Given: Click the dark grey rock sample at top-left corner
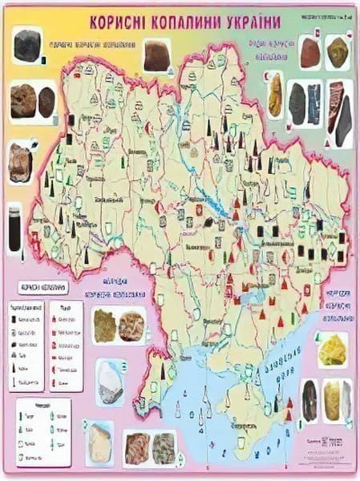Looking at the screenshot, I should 27,46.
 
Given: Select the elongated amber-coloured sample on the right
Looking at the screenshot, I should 275,96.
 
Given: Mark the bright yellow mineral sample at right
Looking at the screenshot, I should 332,350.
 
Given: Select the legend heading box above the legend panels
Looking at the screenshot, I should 42,286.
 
